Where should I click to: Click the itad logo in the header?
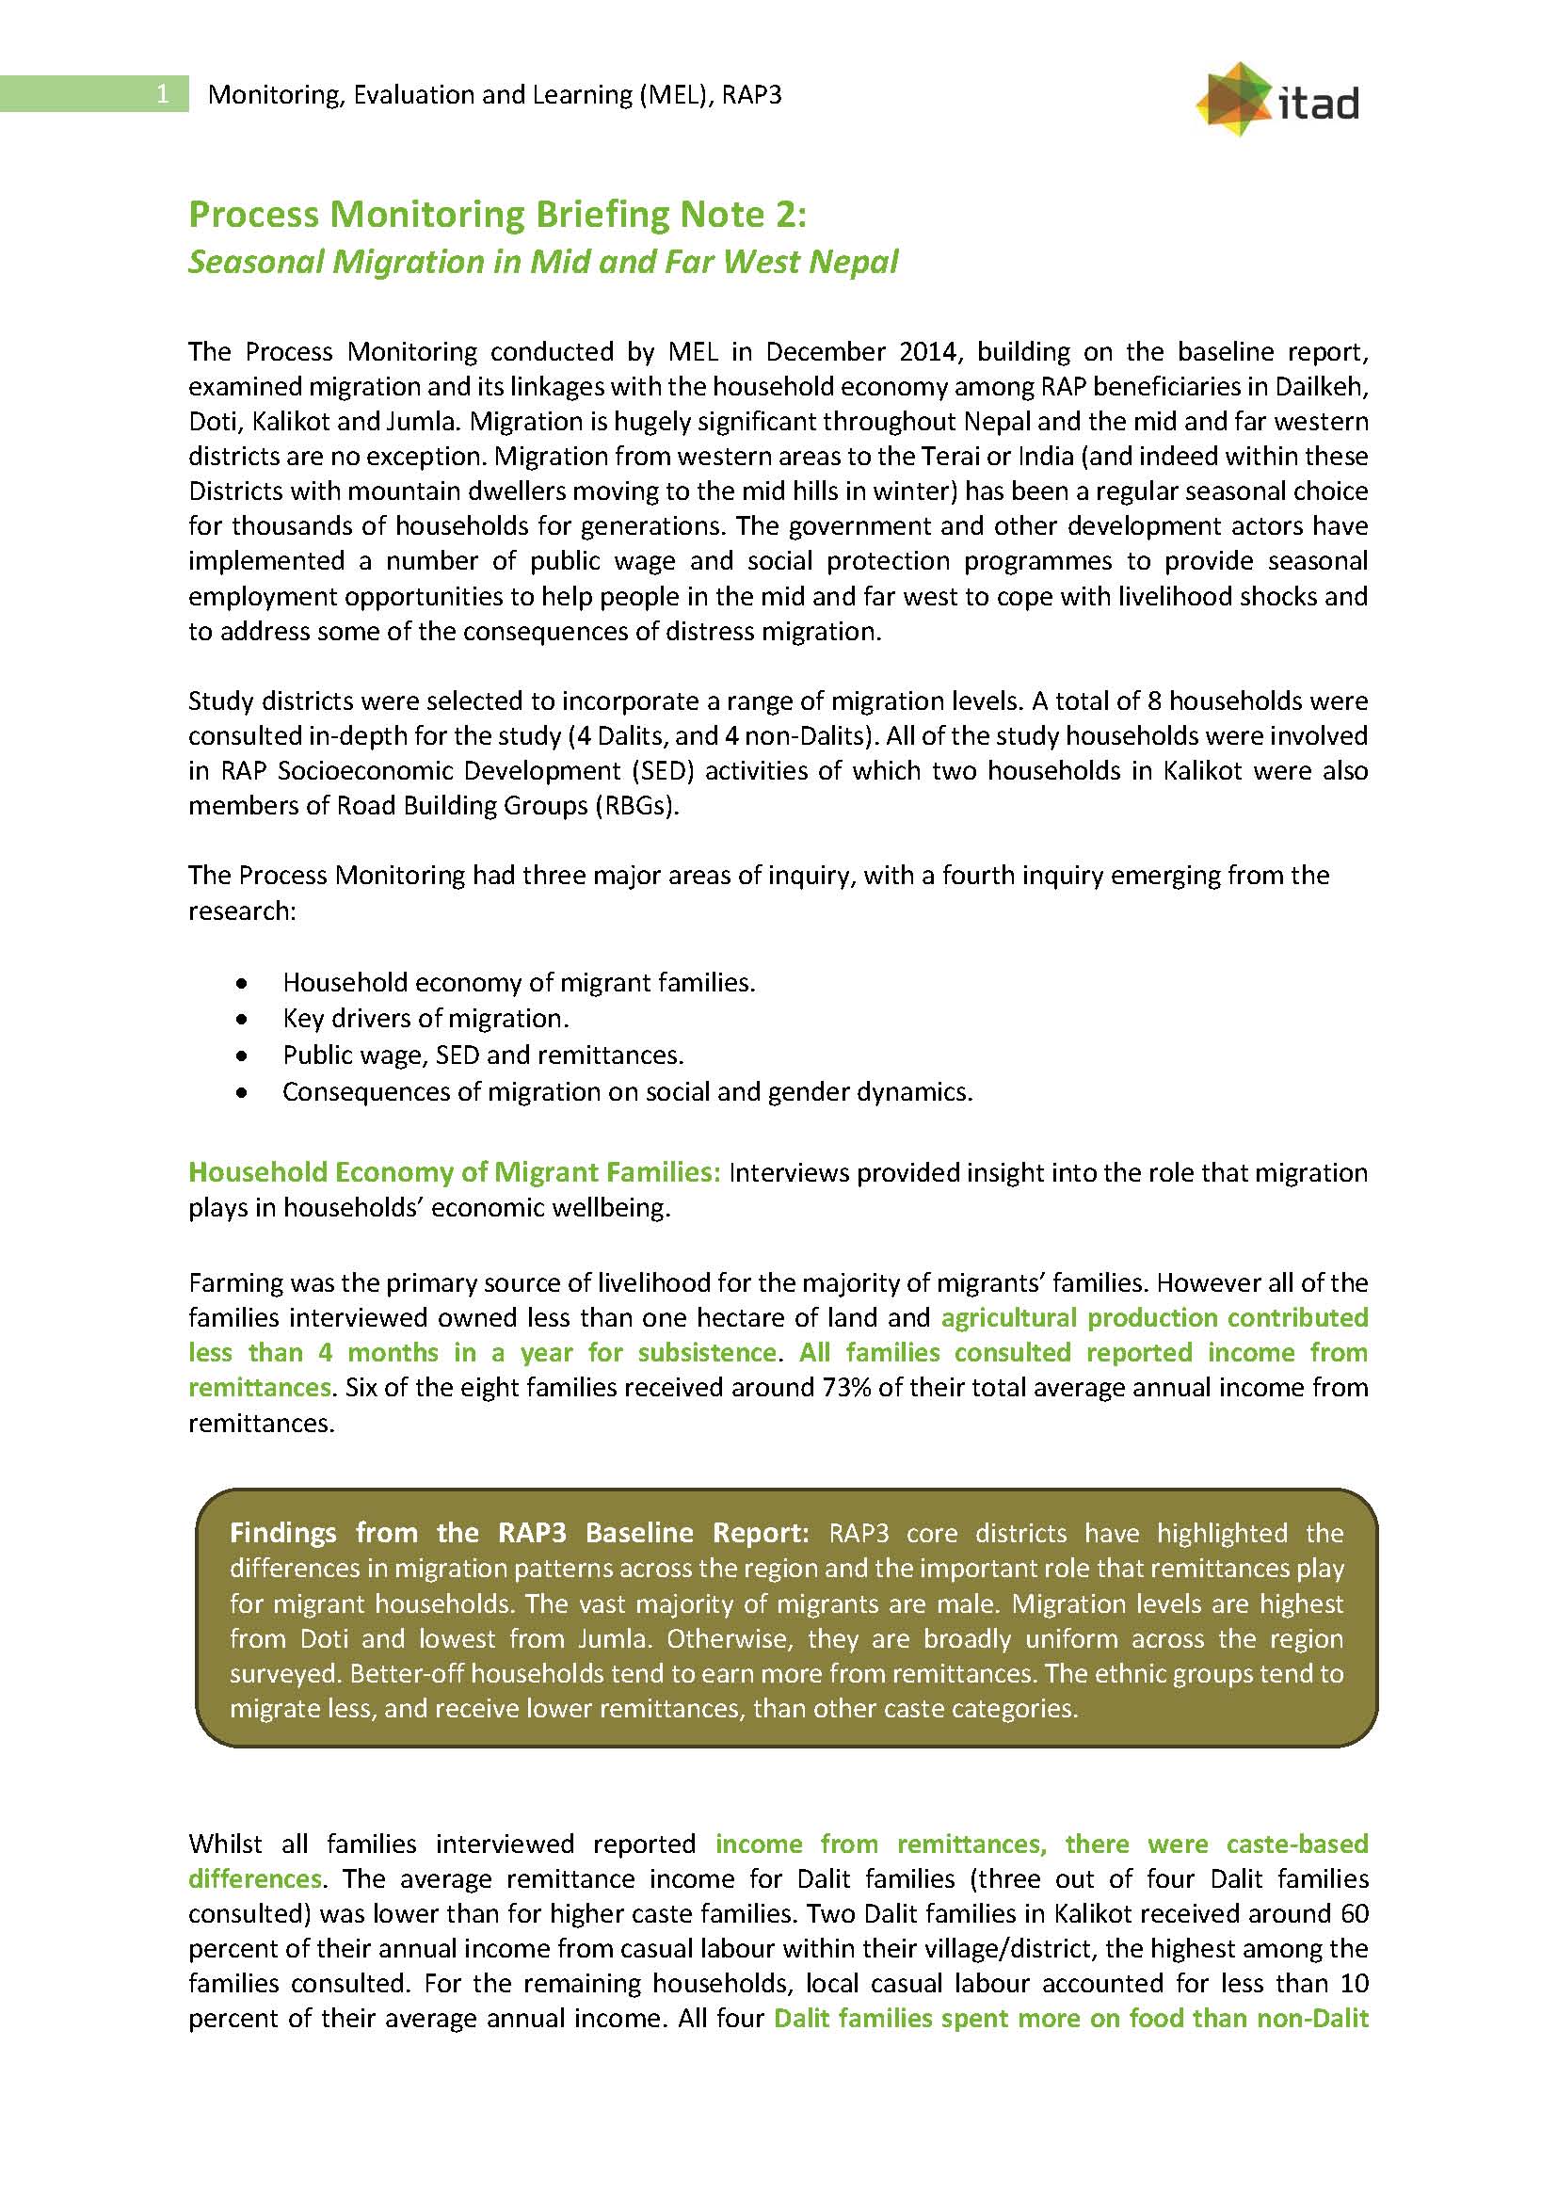pyautogui.click(x=1277, y=100)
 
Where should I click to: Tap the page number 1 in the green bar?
pyautogui.click(x=162, y=93)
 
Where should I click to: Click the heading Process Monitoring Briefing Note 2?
pyautogui.click(x=497, y=214)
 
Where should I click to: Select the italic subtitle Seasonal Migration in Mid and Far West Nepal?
pyautogui.click(x=542, y=262)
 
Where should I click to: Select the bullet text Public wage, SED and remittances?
pyautogui.click(x=482, y=1055)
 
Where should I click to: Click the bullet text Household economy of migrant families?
pyautogui.click(x=518, y=983)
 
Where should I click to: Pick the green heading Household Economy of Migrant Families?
pyautogui.click(x=454, y=1171)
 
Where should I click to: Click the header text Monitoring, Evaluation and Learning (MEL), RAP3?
pyautogui.click(x=495, y=95)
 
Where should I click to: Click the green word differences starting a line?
pyautogui.click(x=254, y=1878)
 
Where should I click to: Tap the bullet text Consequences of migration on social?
pyautogui.click(x=627, y=1092)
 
